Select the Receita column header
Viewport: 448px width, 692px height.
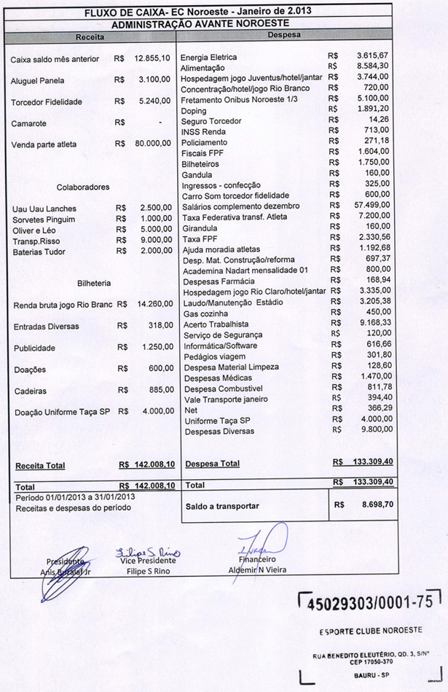tap(90, 36)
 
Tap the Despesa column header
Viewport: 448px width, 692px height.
tap(284, 35)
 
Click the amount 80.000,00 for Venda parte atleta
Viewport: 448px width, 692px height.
tap(153, 144)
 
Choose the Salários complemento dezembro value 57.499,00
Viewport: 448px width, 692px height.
tap(372, 206)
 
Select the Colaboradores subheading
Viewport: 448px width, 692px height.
tap(83, 187)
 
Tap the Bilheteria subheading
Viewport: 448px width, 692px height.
tap(94, 283)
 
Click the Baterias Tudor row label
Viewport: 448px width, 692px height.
tap(39, 252)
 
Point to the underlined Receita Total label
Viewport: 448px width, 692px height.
tap(40, 465)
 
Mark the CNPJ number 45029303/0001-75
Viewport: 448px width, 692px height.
tap(370, 603)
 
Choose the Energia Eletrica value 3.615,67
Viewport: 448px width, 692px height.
tap(374, 56)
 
